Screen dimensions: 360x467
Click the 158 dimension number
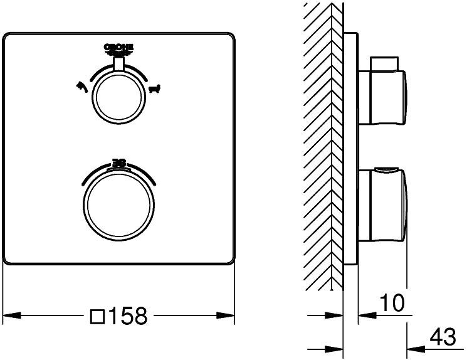(x=128, y=315)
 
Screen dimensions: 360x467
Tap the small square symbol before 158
(x=98, y=316)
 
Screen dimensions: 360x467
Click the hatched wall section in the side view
(x=323, y=144)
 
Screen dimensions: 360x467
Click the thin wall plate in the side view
(x=350, y=151)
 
